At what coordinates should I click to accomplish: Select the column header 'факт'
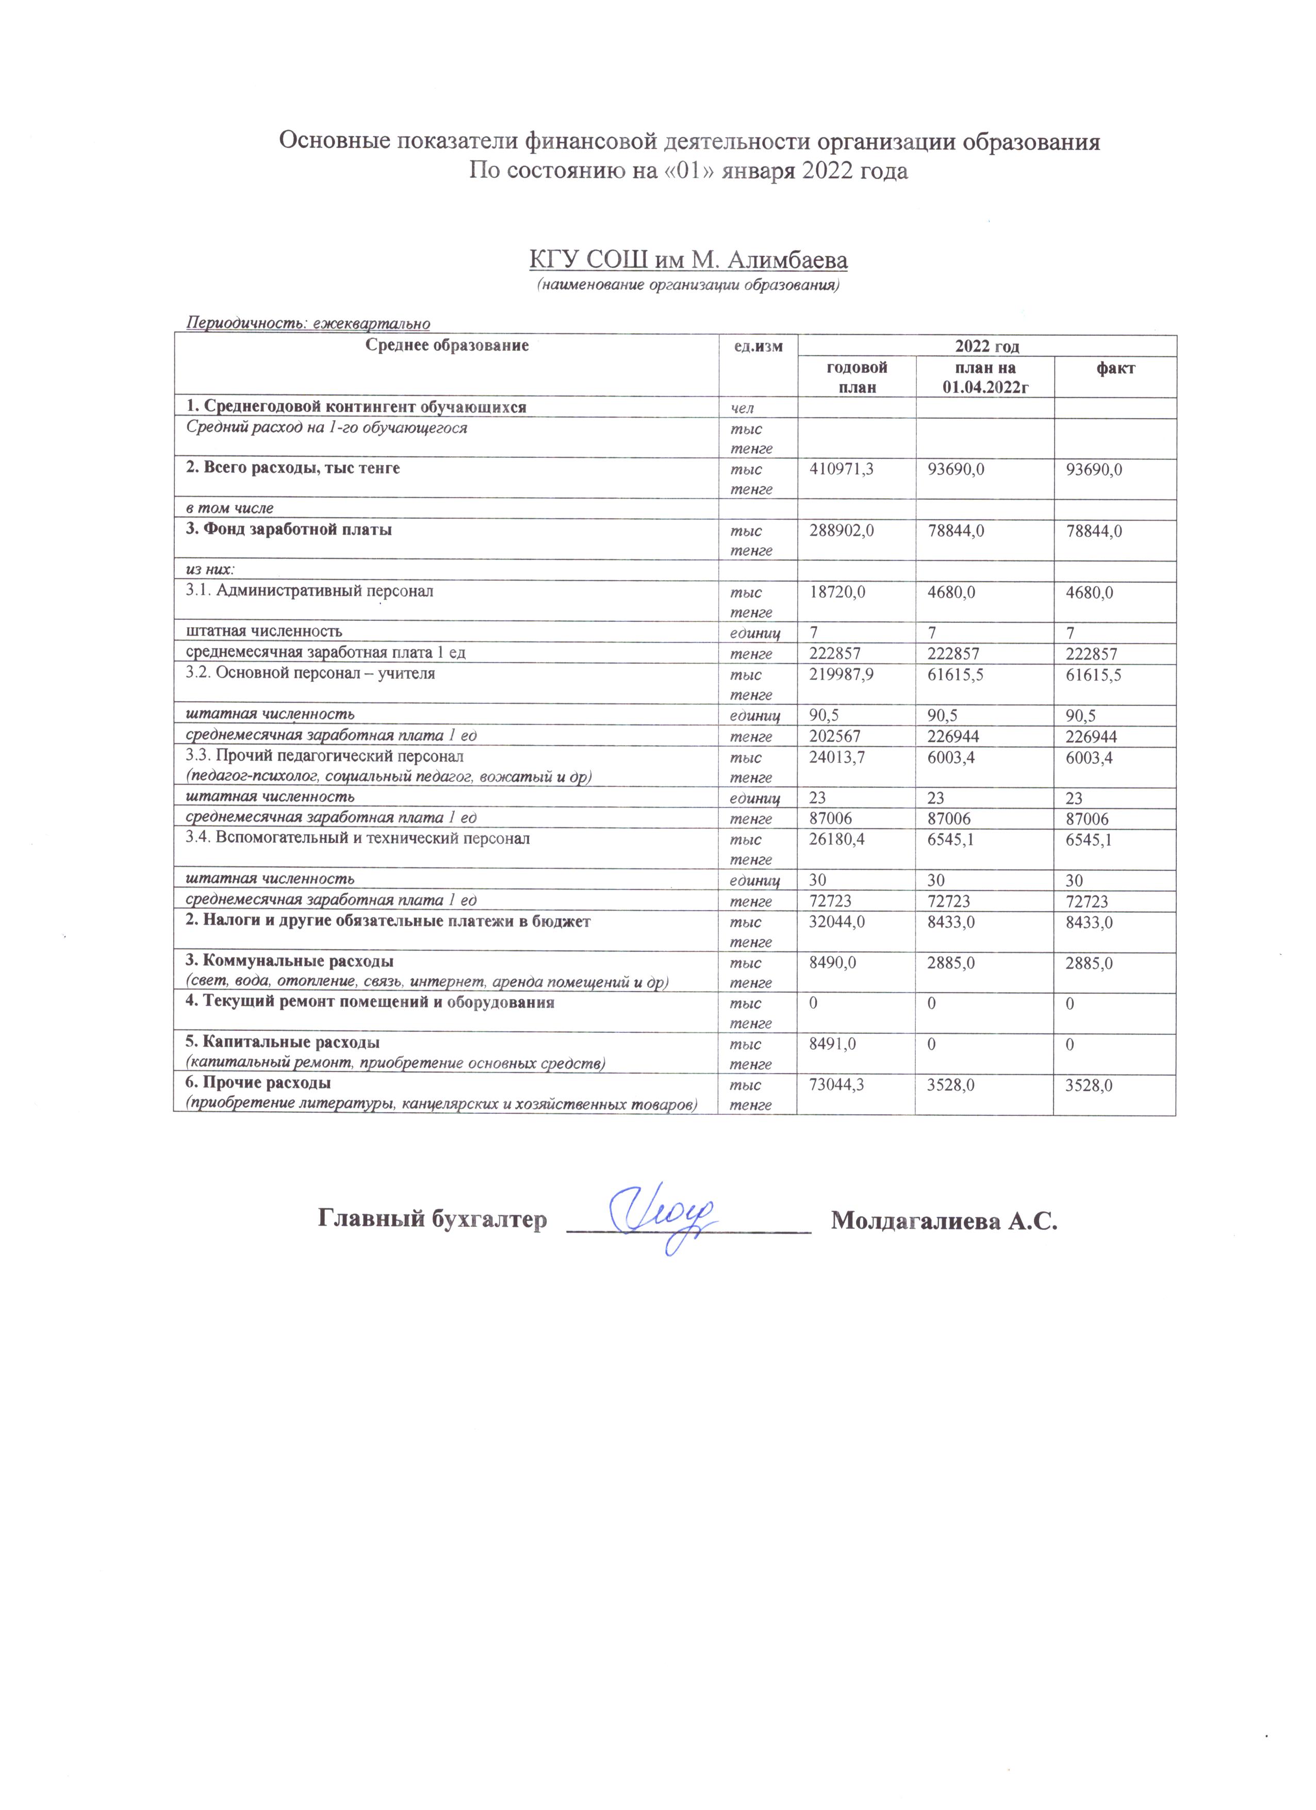pyautogui.click(x=1115, y=368)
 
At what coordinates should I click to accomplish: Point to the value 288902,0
pyautogui.click(x=841, y=531)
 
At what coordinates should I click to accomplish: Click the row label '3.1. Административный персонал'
pyautogui.click(x=309, y=591)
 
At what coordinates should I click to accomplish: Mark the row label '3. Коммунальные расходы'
pyautogui.click(x=290, y=961)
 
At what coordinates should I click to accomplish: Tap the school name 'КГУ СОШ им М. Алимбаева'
pyautogui.click(x=688, y=260)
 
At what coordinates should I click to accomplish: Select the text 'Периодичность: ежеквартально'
pyautogui.click(x=308, y=323)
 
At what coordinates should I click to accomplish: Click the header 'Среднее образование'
pyautogui.click(x=447, y=345)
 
